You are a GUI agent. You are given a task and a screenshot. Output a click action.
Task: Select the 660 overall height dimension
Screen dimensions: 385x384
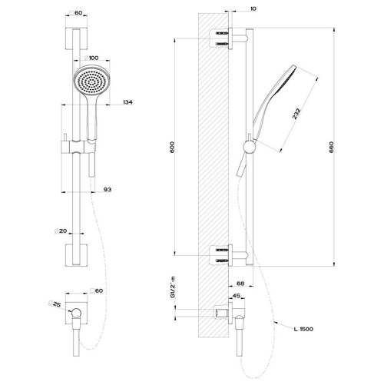click(332, 148)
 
